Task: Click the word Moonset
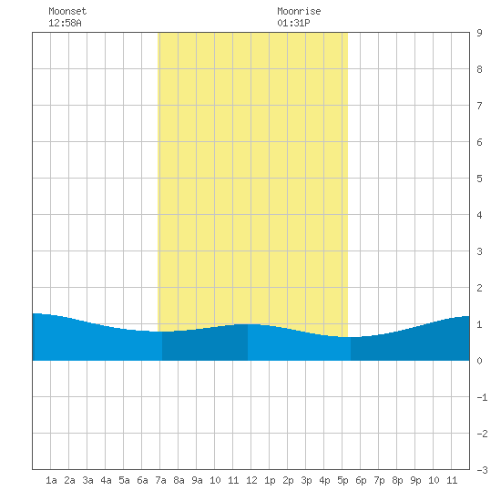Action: coord(67,11)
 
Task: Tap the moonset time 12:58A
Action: coord(65,23)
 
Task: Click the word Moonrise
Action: coord(299,11)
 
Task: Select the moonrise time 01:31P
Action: coord(293,23)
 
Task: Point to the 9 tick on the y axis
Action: coord(479,33)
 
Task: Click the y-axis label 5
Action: coord(479,179)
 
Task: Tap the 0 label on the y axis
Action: coord(479,361)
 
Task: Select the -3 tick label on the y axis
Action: coord(482,470)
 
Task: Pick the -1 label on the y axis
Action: coord(482,397)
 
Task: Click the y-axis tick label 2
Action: coord(479,288)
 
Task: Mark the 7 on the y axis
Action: coord(479,106)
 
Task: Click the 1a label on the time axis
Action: coord(51,480)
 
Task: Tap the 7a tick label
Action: coord(160,480)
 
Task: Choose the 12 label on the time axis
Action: coord(251,480)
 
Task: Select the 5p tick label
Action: coord(343,480)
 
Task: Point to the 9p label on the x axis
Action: coord(415,480)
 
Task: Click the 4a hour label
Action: coord(106,480)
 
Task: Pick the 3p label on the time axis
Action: coord(306,480)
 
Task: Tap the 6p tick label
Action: coord(361,480)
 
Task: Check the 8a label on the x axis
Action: coord(179,480)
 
